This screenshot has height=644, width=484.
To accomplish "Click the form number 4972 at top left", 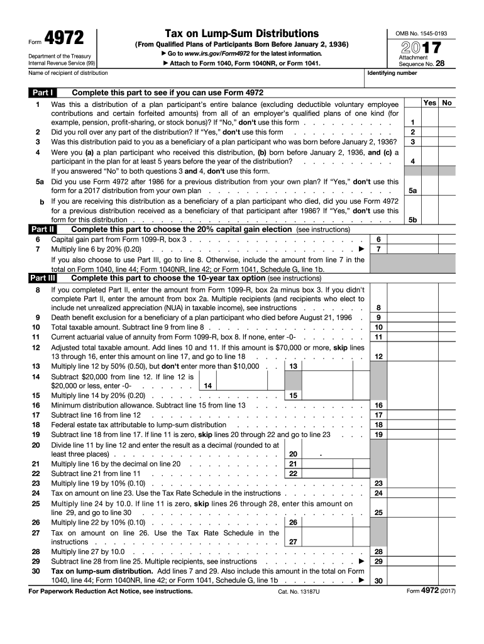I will pyautogui.click(x=65, y=38).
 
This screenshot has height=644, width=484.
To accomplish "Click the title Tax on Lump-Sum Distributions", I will pyautogui.click(x=241, y=33).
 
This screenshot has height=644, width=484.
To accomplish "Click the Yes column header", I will pyautogui.click(x=430, y=103).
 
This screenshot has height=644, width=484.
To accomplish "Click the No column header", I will pyautogui.click(x=447, y=103).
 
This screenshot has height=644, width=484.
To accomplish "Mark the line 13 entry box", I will pyautogui.click(x=326, y=366).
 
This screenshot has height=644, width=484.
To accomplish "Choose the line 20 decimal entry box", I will pyautogui.click(x=326, y=453).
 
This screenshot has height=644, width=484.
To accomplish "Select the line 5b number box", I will pyautogui.click(x=413, y=220).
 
